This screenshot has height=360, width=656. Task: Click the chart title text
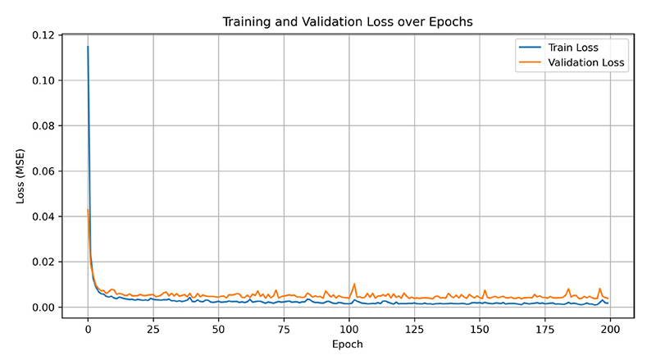[347, 22]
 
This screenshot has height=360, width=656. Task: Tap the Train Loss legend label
[573, 48]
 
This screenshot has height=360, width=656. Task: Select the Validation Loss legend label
[586, 63]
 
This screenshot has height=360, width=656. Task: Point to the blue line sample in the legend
[530, 48]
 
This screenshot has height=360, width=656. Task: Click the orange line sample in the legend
[530, 63]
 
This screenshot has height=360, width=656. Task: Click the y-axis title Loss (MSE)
[20, 176]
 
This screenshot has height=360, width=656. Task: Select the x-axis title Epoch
[347, 344]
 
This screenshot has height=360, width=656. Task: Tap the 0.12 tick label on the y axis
[43, 35]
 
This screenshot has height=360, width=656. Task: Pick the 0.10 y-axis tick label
[43, 80]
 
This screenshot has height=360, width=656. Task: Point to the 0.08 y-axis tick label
[43, 125]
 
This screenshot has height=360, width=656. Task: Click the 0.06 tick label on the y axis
[43, 171]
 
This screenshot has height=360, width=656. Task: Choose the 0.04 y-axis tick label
[43, 216]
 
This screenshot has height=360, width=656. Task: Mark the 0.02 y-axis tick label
[43, 262]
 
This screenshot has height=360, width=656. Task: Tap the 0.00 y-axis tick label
[43, 308]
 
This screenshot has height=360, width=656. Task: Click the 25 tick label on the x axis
[153, 330]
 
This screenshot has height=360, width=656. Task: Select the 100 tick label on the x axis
[349, 330]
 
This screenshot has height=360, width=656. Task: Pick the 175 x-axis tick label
[545, 330]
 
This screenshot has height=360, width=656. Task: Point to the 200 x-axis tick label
[610, 330]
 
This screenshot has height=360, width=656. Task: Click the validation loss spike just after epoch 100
[354, 284]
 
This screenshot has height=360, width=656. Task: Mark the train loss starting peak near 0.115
[88, 47]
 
